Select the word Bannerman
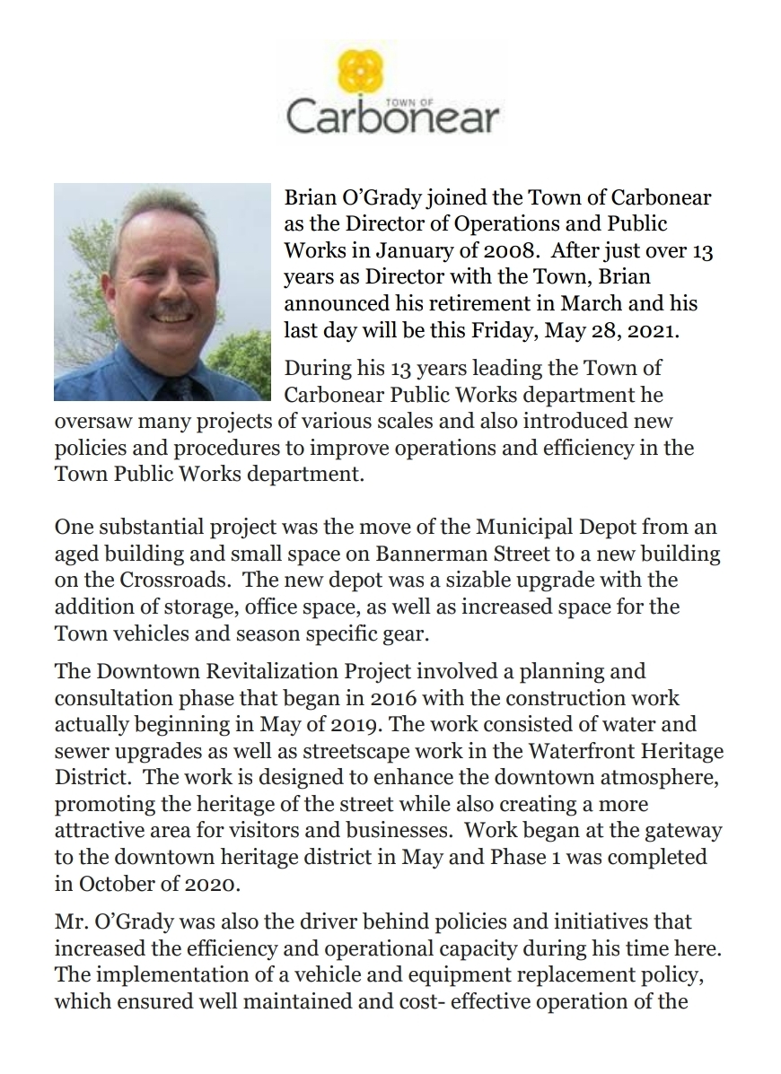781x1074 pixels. click(x=509, y=554)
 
